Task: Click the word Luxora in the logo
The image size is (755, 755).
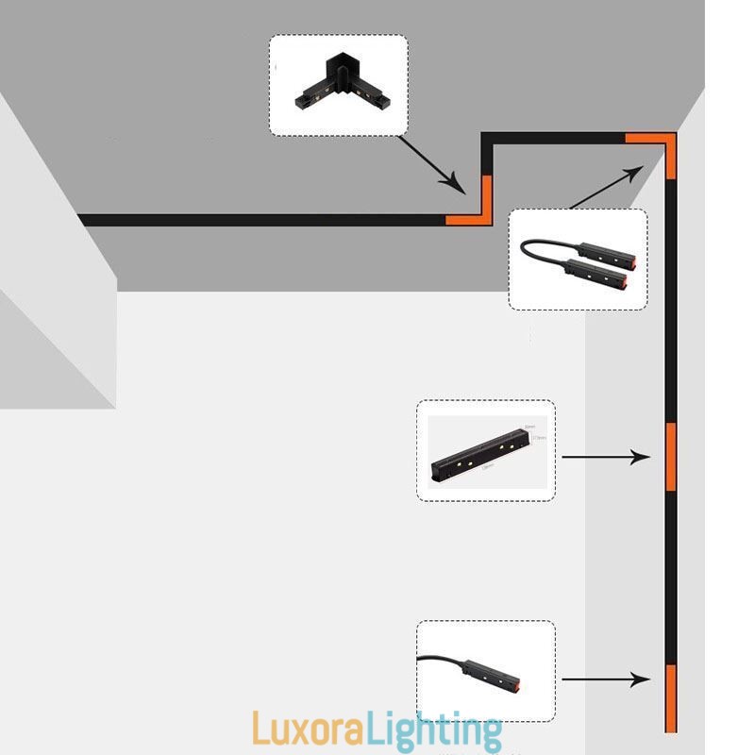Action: click(x=303, y=730)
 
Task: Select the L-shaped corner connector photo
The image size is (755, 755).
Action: click(x=338, y=85)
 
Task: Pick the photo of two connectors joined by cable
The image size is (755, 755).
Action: click(x=578, y=260)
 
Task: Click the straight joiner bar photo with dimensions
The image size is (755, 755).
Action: click(x=485, y=450)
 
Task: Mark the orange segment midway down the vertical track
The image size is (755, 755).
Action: click(x=671, y=457)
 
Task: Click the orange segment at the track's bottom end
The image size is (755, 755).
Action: click(x=671, y=698)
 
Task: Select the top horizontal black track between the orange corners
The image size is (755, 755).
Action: click(x=557, y=138)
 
